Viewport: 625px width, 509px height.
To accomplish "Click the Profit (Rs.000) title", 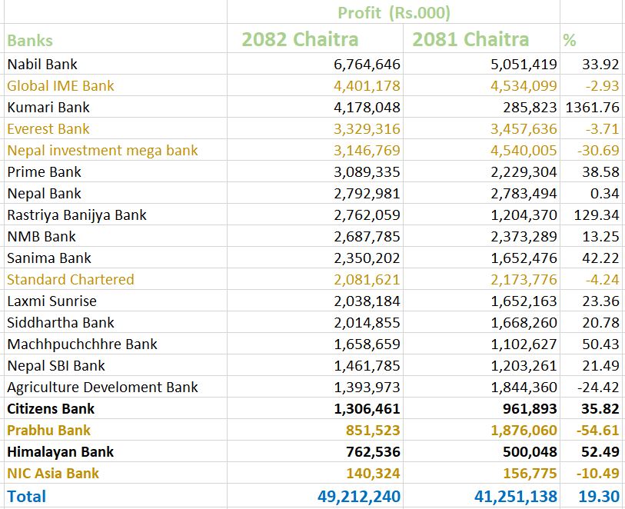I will pyautogui.click(x=394, y=12).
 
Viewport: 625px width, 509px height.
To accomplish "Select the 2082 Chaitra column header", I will pyautogui.click(x=300, y=39).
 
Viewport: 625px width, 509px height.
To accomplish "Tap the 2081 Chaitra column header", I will pyautogui.click(x=470, y=39).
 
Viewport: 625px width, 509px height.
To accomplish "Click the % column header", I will pyautogui.click(x=570, y=41).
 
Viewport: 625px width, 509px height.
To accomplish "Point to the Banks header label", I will pyautogui.click(x=30, y=41).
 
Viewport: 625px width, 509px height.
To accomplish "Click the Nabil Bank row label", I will pyautogui.click(x=42, y=65).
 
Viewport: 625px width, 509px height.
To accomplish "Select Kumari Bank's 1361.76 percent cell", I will pyautogui.click(x=591, y=108).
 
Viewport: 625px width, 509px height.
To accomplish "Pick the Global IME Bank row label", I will pyautogui.click(x=61, y=86).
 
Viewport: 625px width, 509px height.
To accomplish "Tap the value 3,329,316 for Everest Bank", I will pyautogui.click(x=367, y=129).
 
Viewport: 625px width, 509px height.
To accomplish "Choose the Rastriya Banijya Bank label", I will pyautogui.click(x=77, y=215).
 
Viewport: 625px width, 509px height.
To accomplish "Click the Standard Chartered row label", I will pyautogui.click(x=71, y=280).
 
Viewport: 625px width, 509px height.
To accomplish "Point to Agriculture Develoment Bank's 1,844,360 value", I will pyautogui.click(x=524, y=388).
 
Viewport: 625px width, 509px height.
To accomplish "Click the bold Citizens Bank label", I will pyautogui.click(x=51, y=409).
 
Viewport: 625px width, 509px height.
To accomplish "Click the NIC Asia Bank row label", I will pyautogui.click(x=53, y=474).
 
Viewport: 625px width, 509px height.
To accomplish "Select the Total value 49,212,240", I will pyautogui.click(x=359, y=497).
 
